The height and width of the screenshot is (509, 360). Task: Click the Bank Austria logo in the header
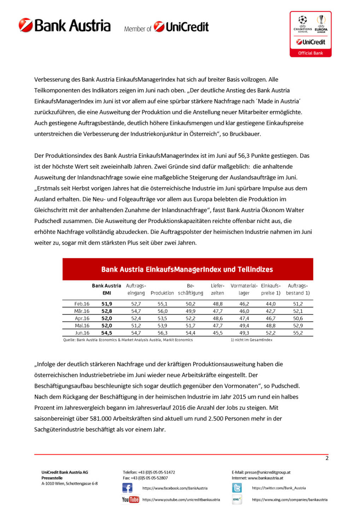click(x=65, y=26)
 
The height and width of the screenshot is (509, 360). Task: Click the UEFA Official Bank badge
click(x=310, y=34)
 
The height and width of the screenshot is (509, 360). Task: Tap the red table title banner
click(x=187, y=269)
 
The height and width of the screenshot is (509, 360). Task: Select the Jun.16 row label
click(x=82, y=333)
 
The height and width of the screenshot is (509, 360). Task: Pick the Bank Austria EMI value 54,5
click(x=106, y=333)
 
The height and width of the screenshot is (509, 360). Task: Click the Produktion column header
click(x=162, y=293)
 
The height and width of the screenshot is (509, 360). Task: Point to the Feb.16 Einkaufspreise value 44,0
click(x=271, y=304)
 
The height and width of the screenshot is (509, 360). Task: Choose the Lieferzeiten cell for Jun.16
click(x=217, y=333)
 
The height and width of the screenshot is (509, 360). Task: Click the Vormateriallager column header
click(x=244, y=289)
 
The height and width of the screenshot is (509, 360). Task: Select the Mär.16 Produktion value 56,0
click(x=162, y=311)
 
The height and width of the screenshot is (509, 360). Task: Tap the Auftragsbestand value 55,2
click(x=298, y=333)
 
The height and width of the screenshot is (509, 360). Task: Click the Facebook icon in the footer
click(x=127, y=488)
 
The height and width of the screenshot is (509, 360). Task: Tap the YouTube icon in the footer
click(x=130, y=499)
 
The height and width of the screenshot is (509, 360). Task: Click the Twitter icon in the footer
click(x=237, y=488)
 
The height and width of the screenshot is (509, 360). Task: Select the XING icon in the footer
click(x=237, y=499)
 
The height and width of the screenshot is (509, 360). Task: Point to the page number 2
click(x=327, y=458)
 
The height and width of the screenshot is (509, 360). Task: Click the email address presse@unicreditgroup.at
click(x=267, y=472)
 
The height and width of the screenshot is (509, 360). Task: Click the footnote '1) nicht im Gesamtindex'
click(x=251, y=340)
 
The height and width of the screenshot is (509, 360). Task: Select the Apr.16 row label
click(x=82, y=318)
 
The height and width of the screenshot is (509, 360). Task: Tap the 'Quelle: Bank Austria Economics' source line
click(x=128, y=340)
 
